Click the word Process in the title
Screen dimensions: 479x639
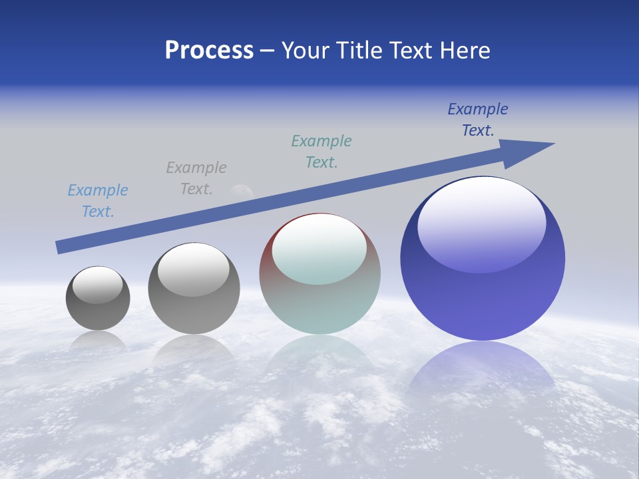(x=209, y=51)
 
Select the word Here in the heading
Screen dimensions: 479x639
(x=465, y=51)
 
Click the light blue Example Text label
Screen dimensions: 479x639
(x=98, y=201)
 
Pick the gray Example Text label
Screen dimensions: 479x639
(x=196, y=178)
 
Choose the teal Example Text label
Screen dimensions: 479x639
(x=321, y=152)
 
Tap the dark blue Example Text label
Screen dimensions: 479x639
(x=478, y=120)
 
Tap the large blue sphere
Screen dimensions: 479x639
(x=483, y=293)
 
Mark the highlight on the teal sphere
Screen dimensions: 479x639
(x=319, y=248)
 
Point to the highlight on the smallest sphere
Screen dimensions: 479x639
(x=98, y=284)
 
